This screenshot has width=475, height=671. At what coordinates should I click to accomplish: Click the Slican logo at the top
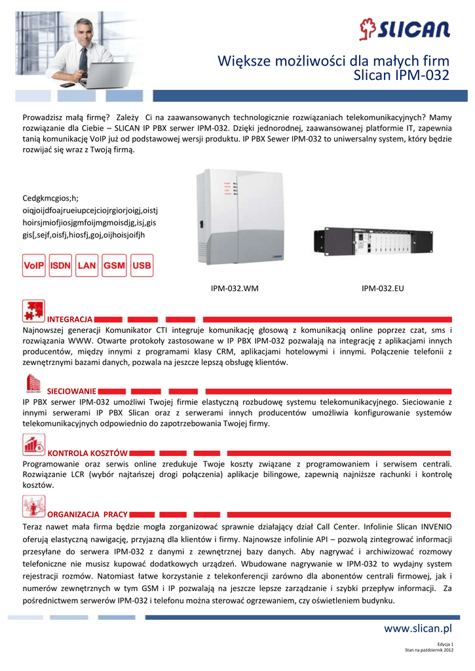[404, 29]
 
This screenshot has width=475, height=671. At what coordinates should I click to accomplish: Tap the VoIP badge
[33, 266]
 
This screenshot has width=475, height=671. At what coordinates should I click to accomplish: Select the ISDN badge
[60, 266]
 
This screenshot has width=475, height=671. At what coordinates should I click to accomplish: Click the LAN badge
[87, 266]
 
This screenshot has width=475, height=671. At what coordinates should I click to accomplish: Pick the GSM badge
[114, 266]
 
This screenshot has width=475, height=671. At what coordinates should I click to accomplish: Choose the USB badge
[142, 266]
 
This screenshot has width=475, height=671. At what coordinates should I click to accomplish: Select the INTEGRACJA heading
[69, 319]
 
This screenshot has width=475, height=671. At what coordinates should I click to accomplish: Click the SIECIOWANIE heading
[72, 391]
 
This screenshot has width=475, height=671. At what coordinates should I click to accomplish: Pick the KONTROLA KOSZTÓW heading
[88, 453]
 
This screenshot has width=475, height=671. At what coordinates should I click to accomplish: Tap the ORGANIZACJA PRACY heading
[88, 514]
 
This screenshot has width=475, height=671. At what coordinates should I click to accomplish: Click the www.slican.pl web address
[418, 629]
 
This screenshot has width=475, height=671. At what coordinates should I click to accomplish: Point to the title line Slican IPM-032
[401, 76]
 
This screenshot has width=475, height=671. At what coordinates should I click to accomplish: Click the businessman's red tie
[83, 59]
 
